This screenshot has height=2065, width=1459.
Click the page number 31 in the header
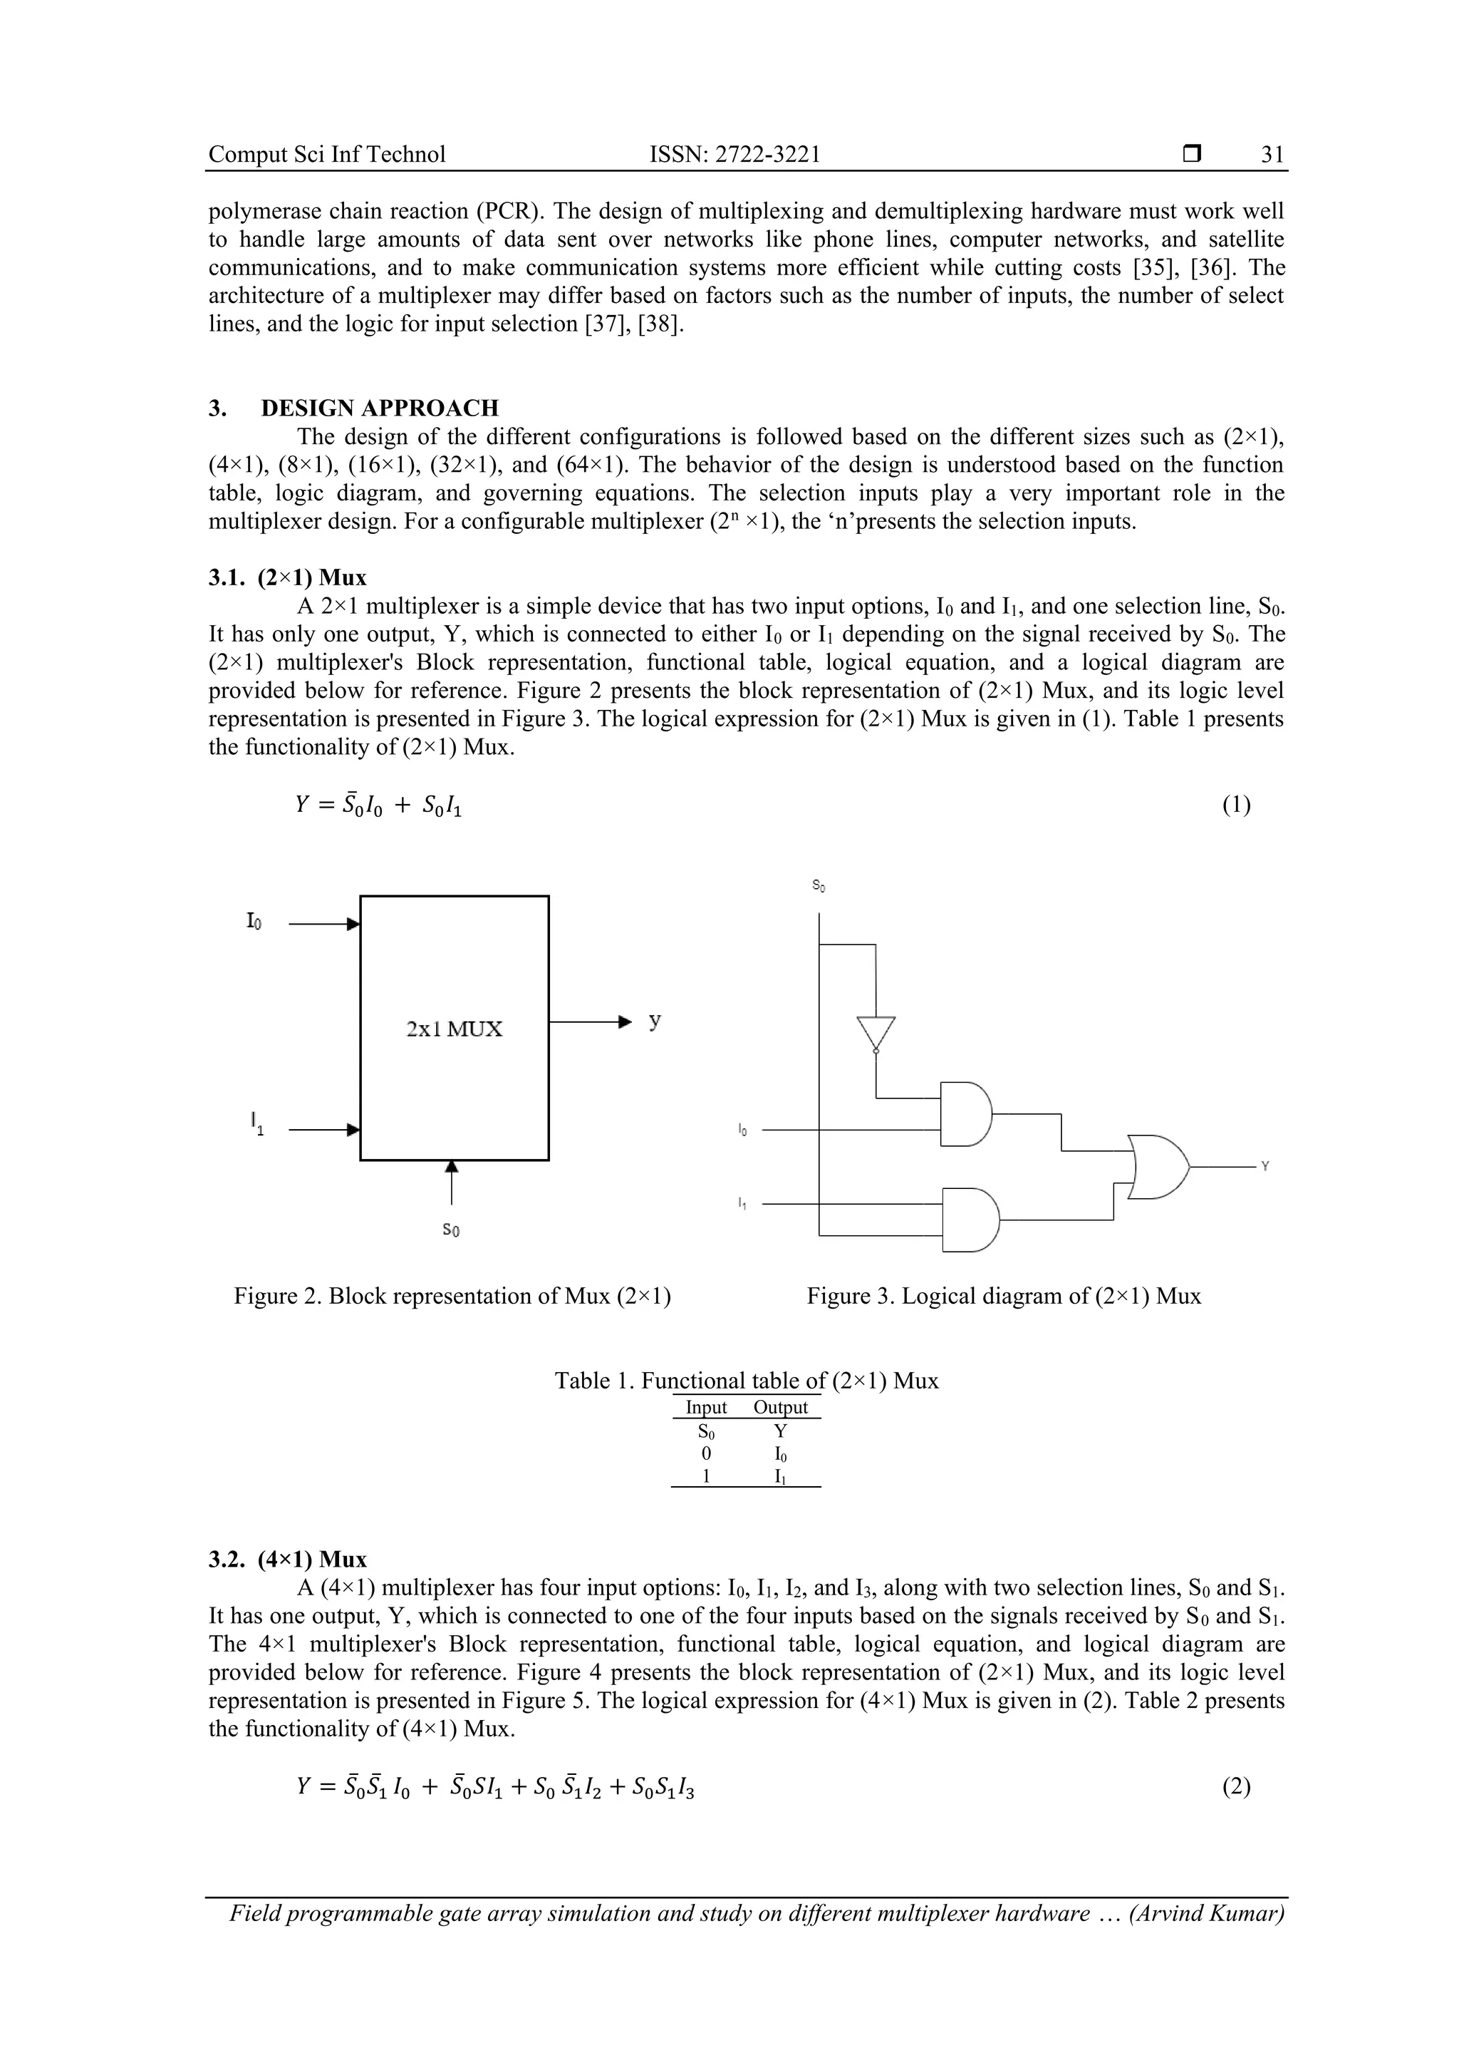[x=1271, y=155]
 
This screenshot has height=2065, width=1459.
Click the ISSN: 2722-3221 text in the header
[x=734, y=155]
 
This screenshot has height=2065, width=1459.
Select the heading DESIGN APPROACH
[x=380, y=408]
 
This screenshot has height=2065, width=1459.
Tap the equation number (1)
[x=1235, y=804]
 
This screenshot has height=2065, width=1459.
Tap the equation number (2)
[x=1235, y=1786]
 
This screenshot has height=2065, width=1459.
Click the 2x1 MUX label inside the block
[x=454, y=1029]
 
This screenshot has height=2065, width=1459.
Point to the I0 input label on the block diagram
[x=254, y=922]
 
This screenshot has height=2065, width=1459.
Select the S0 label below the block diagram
[x=451, y=1230]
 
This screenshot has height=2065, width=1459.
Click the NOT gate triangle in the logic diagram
[x=876, y=1032]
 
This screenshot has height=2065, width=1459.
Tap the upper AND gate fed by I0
[x=965, y=1113]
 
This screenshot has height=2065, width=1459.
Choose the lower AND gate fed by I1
[x=969, y=1220]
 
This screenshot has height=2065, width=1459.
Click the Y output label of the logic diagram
[x=1265, y=1167]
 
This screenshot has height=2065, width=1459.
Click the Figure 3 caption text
[x=1003, y=1296]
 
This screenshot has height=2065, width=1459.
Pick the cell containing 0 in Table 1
[x=707, y=1453]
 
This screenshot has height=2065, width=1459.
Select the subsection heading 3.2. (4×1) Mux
[x=288, y=1559]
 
